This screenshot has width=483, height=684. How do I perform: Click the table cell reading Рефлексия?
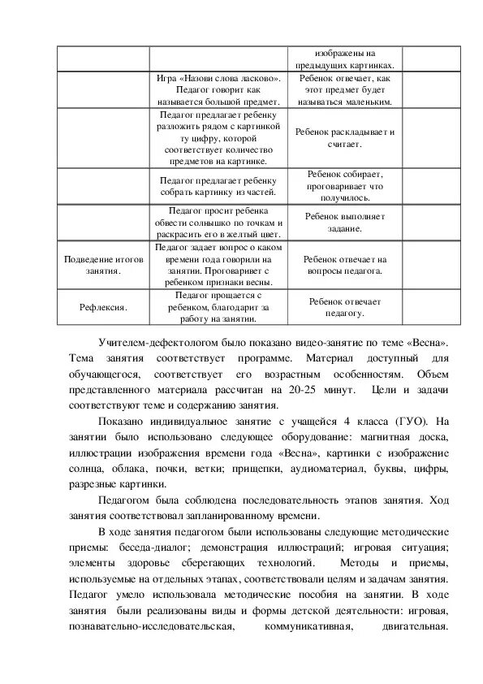[103, 307]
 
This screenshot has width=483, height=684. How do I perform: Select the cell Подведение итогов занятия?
[103, 264]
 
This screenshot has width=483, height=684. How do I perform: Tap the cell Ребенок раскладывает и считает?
[345, 137]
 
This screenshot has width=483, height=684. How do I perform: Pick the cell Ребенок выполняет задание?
[345, 223]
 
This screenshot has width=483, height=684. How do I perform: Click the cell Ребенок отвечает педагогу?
[345, 306]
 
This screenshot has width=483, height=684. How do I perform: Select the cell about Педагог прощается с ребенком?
[218, 307]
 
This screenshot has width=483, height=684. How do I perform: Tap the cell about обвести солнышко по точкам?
[218, 223]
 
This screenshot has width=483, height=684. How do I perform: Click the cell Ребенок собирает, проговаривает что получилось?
[345, 185]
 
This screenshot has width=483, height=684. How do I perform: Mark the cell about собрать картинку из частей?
[218, 186]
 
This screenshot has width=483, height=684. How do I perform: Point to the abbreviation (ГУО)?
[406, 422]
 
